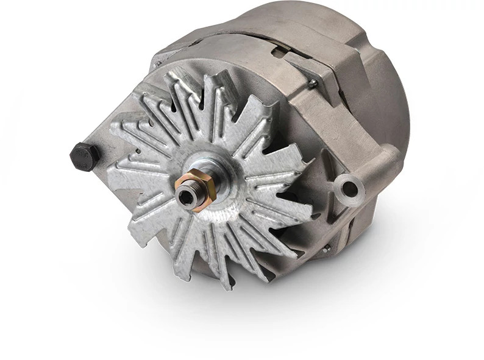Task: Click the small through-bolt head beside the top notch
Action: [x=312, y=84]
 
